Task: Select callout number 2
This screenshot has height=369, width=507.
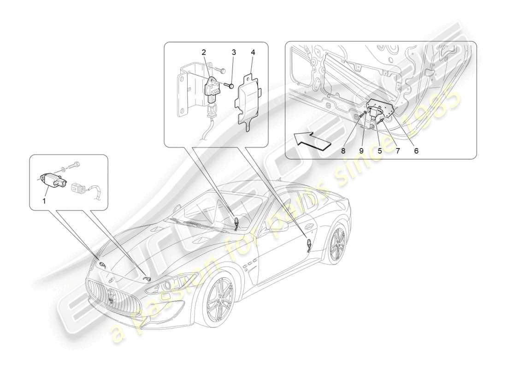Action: (x=203, y=53)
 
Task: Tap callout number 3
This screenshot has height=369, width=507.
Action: (x=234, y=53)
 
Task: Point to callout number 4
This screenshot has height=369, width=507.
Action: (x=252, y=53)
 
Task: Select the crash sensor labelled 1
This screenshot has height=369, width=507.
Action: (x=53, y=178)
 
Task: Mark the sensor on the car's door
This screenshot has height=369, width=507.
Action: (x=308, y=243)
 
